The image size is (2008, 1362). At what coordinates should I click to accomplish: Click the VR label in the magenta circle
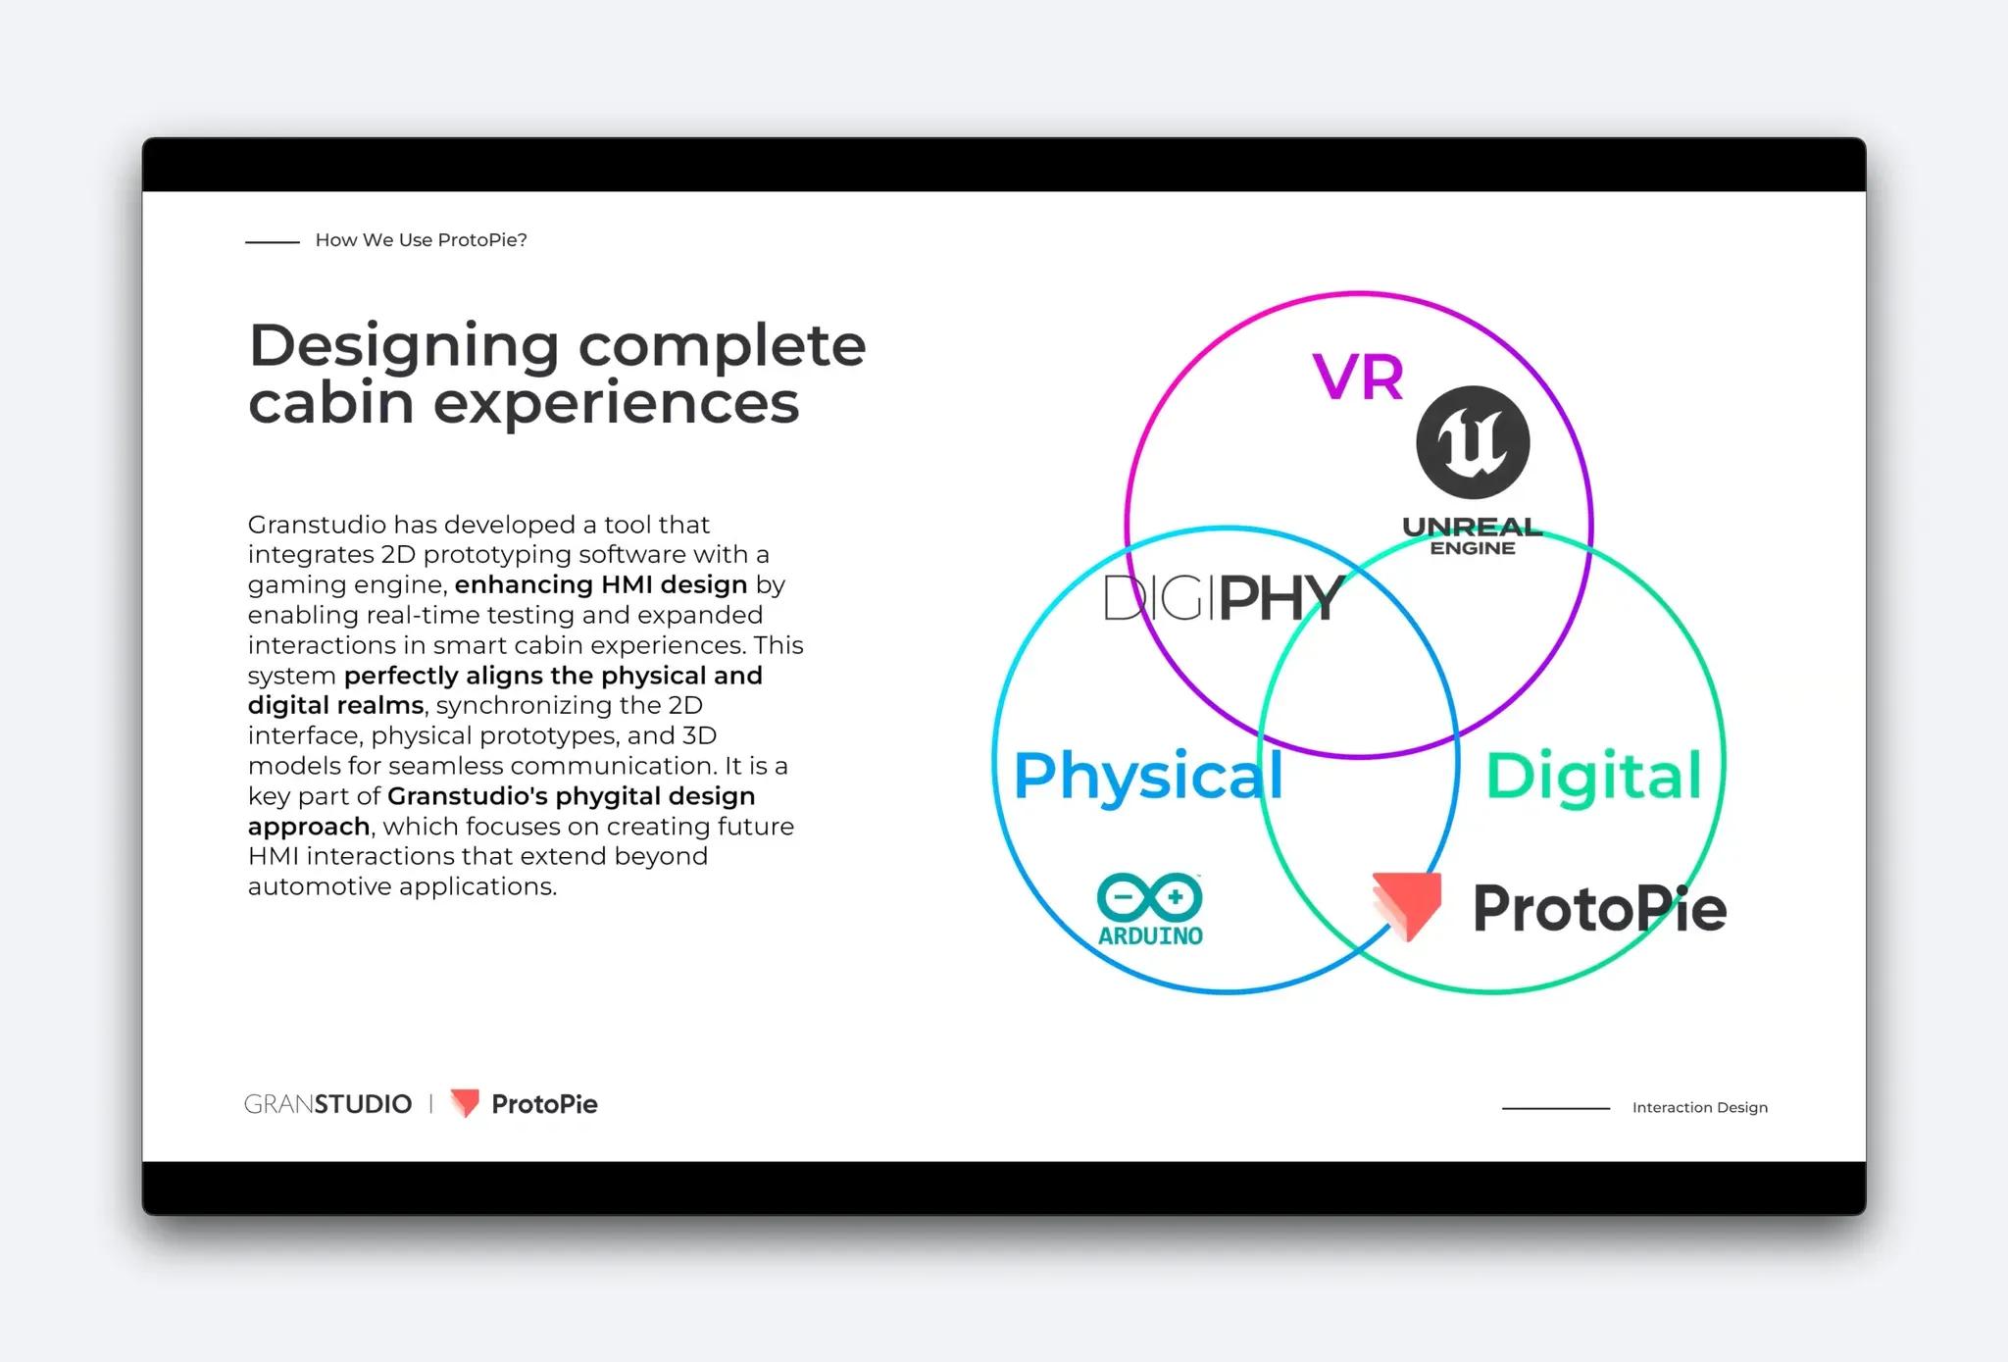pyautogui.click(x=1358, y=377)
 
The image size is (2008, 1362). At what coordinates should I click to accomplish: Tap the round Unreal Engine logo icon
pyautogui.click(x=1473, y=442)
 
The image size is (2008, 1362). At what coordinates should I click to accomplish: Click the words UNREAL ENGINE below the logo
pyautogui.click(x=1472, y=536)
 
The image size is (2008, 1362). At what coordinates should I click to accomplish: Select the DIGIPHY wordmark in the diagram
pyautogui.click(x=1223, y=598)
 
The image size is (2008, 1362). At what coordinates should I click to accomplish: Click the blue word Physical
pyautogui.click(x=1147, y=776)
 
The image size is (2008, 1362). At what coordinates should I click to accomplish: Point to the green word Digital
pyautogui.click(x=1593, y=776)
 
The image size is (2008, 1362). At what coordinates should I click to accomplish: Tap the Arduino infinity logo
pyautogui.click(x=1150, y=896)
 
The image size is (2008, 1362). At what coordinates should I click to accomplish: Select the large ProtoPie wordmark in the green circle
pyautogui.click(x=1598, y=909)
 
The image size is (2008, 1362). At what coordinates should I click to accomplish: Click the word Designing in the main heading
pyautogui.click(x=404, y=347)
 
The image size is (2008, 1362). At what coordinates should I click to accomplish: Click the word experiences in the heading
pyautogui.click(x=616, y=402)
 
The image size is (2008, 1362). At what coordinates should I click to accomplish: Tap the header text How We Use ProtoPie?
pyautogui.click(x=421, y=240)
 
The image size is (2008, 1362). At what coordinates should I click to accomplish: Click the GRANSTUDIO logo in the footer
pyautogui.click(x=327, y=1104)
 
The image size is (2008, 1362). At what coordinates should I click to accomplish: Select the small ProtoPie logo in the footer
pyautogui.click(x=524, y=1104)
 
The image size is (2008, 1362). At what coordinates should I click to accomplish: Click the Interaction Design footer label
pyautogui.click(x=1699, y=1107)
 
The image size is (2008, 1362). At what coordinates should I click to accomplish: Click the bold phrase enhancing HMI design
pyautogui.click(x=600, y=584)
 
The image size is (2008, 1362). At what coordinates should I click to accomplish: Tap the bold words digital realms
pyautogui.click(x=335, y=705)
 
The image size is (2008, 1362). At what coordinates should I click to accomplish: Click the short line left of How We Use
pyautogui.click(x=273, y=241)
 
